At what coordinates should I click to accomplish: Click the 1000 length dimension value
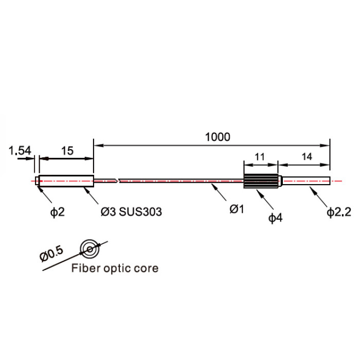(x=218, y=137)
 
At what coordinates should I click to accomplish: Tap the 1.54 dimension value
(x=20, y=151)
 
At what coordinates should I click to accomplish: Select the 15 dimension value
(x=67, y=151)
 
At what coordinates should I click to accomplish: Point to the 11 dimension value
(x=260, y=157)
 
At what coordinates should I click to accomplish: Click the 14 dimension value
(x=307, y=156)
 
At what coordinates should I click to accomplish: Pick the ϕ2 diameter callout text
(x=58, y=212)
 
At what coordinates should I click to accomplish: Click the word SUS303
(x=140, y=212)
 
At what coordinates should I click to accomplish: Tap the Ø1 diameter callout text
(x=237, y=209)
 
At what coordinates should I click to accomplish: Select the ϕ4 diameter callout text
(x=276, y=218)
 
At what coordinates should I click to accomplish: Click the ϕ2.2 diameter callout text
(x=339, y=212)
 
